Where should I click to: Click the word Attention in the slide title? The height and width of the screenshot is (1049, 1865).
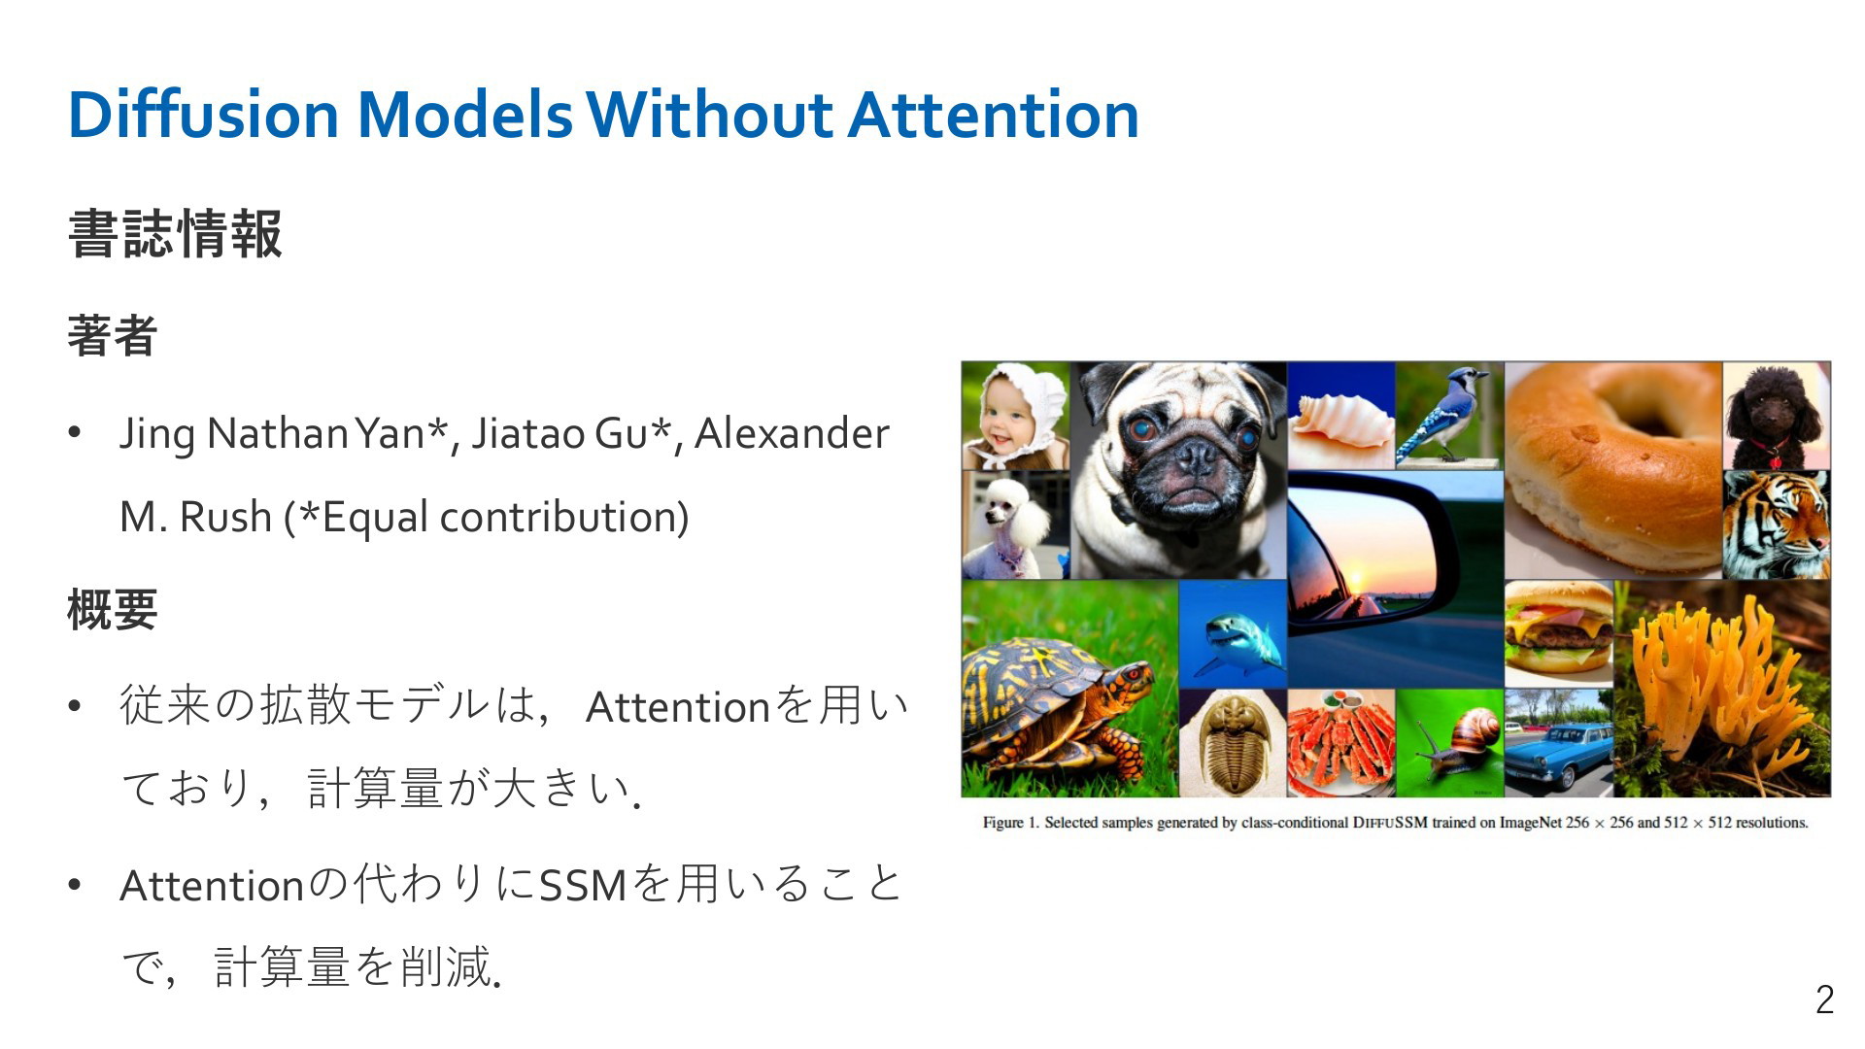(994, 115)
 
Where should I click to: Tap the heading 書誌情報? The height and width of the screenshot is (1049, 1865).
(175, 234)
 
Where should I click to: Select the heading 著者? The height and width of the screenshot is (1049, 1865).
(113, 336)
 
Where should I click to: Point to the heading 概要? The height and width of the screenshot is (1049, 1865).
(113, 610)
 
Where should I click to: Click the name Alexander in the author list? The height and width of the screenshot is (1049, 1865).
(792, 433)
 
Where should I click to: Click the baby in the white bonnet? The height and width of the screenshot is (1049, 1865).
(1015, 416)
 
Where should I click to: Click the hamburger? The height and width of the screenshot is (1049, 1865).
(1557, 634)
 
